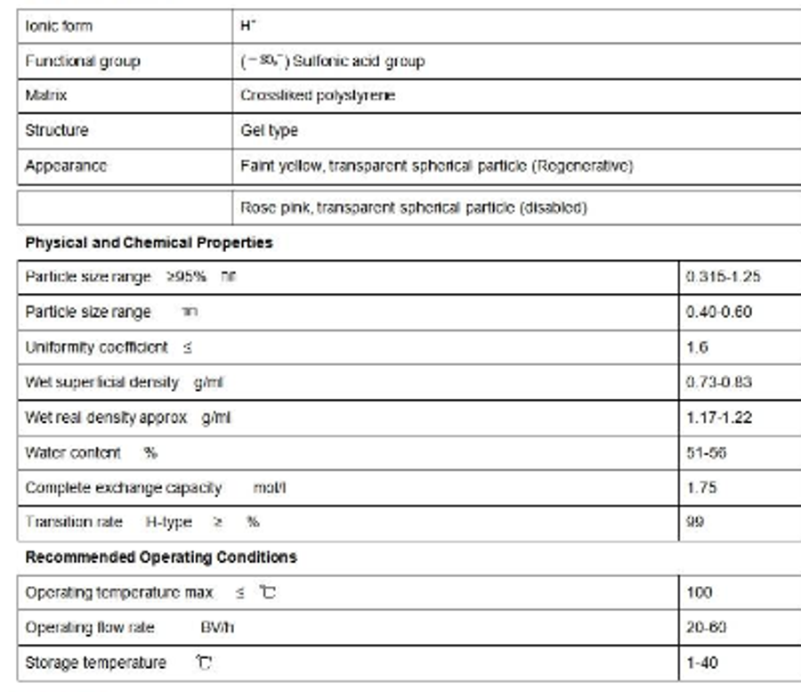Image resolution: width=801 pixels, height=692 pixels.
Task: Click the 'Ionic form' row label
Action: tap(59, 27)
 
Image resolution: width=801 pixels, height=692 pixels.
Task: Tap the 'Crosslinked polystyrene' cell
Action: tap(317, 95)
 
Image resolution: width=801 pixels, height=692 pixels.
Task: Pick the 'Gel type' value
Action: tap(269, 130)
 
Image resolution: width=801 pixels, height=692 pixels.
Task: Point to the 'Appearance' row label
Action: tap(66, 166)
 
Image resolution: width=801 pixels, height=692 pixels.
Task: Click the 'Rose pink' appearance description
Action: tap(413, 208)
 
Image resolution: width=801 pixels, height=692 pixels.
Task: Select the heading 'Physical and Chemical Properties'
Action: tap(149, 242)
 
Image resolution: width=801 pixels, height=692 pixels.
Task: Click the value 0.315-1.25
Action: tap(723, 277)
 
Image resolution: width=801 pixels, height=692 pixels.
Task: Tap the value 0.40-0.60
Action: tap(719, 312)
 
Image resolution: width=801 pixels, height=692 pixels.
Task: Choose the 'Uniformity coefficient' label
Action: tap(96, 346)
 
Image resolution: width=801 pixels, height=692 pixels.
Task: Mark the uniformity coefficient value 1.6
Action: tap(697, 346)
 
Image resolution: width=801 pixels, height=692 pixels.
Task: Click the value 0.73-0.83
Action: tap(719, 382)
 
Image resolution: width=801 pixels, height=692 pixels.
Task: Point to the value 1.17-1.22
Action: tap(719, 417)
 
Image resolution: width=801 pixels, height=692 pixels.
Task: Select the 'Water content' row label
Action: tap(73, 452)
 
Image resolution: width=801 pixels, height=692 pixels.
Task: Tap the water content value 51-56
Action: tap(706, 452)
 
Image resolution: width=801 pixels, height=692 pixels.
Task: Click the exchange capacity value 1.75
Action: tap(701, 488)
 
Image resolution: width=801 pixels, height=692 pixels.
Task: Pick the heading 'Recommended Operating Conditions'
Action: tap(161, 558)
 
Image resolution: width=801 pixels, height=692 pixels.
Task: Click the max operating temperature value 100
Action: tap(700, 592)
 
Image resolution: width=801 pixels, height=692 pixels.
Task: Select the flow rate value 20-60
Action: tap(707, 627)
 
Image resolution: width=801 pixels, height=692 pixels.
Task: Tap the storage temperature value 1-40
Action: tap(702, 663)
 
